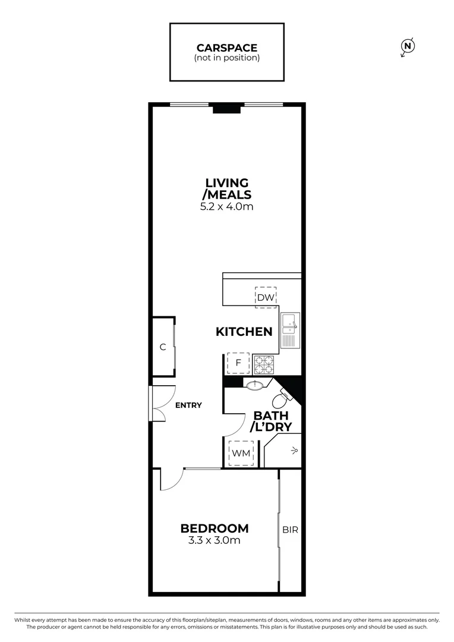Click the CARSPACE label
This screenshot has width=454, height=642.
pos(226,48)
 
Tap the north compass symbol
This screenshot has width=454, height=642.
pos(408,46)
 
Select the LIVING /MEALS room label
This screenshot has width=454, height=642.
pos(227,188)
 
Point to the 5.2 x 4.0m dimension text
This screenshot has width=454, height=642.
pos(227,207)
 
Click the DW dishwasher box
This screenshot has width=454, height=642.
pos(266,297)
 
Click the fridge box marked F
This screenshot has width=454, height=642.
pos(238,363)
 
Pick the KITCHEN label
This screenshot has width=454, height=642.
pos(244,332)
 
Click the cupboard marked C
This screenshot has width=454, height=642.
pos(162,347)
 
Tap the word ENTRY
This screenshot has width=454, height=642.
pos(188,405)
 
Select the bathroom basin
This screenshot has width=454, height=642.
pos(255,385)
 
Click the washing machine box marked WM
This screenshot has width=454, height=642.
pos(241,454)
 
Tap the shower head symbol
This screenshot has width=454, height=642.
pos(294,452)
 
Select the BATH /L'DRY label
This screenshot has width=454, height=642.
pos(270,421)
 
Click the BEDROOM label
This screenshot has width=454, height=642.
pos(215,528)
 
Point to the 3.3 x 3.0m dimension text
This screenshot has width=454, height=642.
pos(215,541)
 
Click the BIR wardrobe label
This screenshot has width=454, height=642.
pos(290,529)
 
